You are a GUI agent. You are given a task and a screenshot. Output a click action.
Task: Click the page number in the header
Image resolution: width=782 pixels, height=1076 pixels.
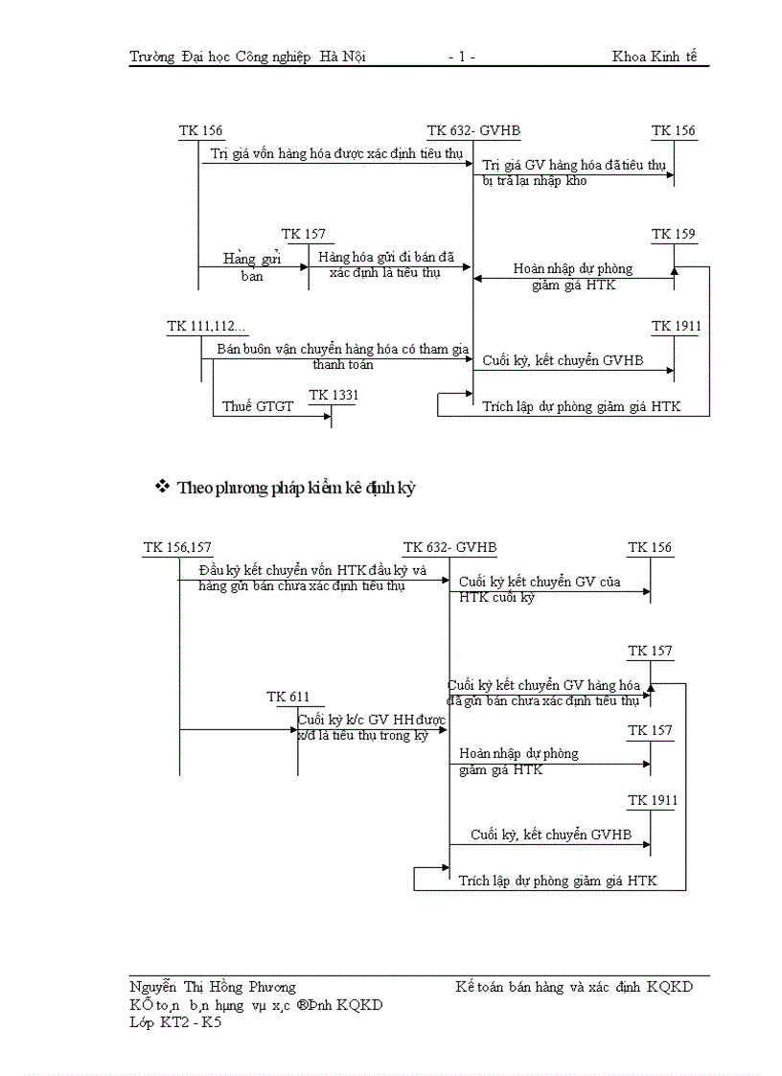[x=461, y=57]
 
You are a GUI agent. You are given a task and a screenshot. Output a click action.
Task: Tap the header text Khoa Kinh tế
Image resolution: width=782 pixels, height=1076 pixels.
[x=655, y=57]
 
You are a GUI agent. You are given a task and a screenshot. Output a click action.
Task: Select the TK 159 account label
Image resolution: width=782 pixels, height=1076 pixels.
[x=674, y=235]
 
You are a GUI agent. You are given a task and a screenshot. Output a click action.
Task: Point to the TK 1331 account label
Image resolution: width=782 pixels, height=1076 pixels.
[x=333, y=396]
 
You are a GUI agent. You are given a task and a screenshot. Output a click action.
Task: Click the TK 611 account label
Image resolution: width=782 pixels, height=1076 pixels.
[x=288, y=698]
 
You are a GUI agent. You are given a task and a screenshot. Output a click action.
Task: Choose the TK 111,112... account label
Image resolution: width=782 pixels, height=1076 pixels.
[x=206, y=327]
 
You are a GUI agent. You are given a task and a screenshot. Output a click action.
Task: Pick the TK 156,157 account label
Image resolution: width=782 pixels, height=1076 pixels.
[x=177, y=548]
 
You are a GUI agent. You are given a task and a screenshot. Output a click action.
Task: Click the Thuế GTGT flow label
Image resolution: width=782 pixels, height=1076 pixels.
[x=258, y=407]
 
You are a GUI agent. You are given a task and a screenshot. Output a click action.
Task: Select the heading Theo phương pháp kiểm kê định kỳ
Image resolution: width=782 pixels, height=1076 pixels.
[x=295, y=488]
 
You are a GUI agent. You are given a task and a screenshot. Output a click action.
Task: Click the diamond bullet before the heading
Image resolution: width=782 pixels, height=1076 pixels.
[x=162, y=487]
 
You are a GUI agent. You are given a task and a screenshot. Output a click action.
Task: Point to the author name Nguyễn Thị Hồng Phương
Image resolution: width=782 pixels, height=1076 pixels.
[x=213, y=987]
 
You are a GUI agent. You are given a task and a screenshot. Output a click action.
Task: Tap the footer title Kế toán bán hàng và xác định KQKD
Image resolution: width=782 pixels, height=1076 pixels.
[x=574, y=987]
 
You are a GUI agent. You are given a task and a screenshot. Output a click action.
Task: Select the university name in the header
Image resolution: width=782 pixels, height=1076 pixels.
[x=247, y=57]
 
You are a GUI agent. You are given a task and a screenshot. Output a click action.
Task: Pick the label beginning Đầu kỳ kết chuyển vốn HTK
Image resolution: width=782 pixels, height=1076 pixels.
[x=311, y=571]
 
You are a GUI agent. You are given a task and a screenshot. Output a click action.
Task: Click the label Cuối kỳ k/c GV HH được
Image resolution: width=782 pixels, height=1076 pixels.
[x=371, y=720]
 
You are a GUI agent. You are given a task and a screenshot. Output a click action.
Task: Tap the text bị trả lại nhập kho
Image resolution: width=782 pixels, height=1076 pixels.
[x=535, y=180]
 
